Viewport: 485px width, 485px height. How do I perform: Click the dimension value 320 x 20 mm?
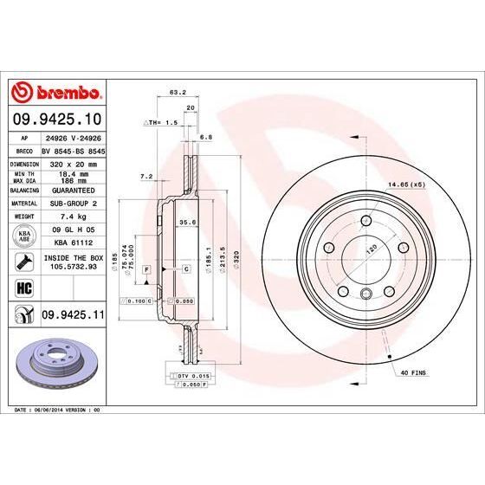pos(73,162)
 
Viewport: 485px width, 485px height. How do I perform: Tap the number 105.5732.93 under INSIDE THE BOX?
pos(73,268)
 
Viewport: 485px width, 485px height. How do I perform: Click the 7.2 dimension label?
pos(146,177)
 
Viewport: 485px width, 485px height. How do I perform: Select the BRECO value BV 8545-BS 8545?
pos(73,150)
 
